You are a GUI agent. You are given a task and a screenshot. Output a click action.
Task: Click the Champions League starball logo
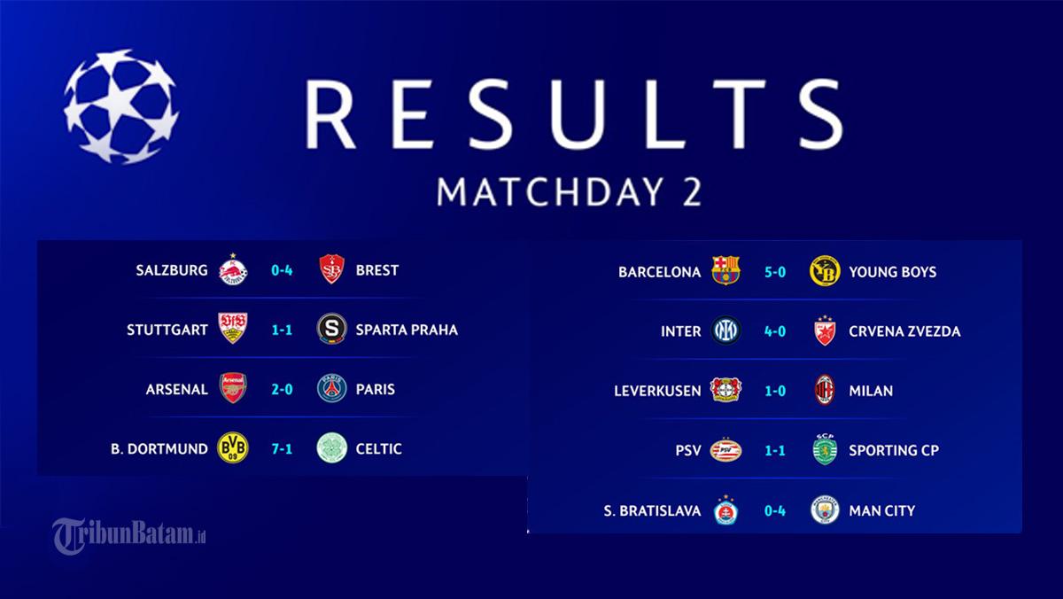click(x=121, y=106)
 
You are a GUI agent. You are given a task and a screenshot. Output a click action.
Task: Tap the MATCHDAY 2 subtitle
click(x=569, y=192)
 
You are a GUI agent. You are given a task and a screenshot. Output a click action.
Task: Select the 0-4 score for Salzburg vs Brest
click(x=282, y=270)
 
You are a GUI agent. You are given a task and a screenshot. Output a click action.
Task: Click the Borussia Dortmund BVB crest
click(x=232, y=447)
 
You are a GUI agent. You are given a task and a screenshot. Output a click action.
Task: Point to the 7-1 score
click(x=282, y=449)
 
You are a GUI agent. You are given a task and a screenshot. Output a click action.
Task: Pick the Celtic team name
click(x=379, y=449)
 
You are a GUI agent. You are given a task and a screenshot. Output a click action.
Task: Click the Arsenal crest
click(x=232, y=388)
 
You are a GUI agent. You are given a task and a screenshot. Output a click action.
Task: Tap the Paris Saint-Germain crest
click(x=331, y=388)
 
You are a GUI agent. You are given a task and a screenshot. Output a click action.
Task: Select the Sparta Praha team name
click(x=407, y=330)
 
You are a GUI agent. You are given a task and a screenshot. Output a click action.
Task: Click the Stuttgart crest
click(x=232, y=328)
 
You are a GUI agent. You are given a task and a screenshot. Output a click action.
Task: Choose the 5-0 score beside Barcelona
click(x=775, y=272)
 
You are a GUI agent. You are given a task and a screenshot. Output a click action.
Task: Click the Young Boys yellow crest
click(x=825, y=271)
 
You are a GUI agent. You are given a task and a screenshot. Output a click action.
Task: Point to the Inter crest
click(x=726, y=331)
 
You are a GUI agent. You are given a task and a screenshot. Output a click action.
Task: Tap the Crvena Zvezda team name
click(x=904, y=331)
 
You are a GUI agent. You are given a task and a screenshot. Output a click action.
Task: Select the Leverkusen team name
click(x=657, y=391)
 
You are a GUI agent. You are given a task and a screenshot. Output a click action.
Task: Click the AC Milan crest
click(x=825, y=390)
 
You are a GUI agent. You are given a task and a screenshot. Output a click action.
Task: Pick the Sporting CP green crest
click(x=825, y=449)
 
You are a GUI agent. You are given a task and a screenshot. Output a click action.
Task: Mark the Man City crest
click(x=825, y=510)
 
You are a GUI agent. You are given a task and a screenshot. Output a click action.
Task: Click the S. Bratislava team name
click(x=652, y=510)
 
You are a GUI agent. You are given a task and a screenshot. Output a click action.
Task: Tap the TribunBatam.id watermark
click(x=129, y=536)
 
